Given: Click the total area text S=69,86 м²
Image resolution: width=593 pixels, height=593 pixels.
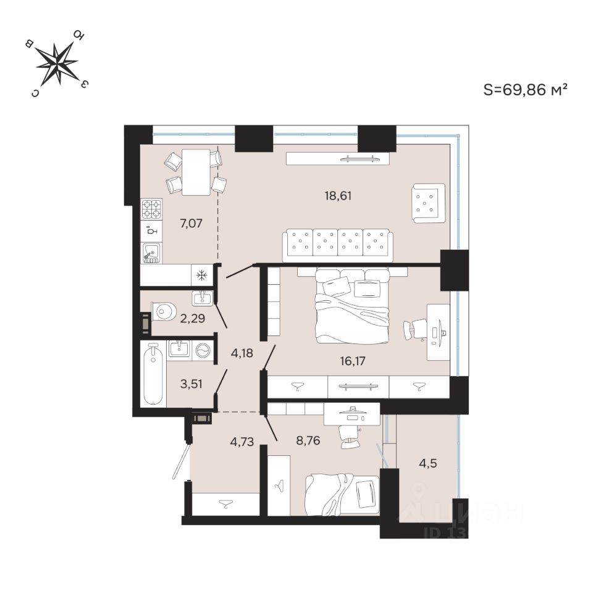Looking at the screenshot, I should pyautogui.click(x=525, y=90).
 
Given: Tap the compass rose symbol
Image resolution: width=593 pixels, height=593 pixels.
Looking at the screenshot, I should pyautogui.click(x=57, y=63).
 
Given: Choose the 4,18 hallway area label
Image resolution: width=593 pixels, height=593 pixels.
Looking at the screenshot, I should pyautogui.click(x=243, y=353).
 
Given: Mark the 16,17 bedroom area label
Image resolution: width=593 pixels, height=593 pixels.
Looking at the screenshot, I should pyautogui.click(x=353, y=360).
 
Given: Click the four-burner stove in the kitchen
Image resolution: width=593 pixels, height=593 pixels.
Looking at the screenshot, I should pyautogui.click(x=151, y=209).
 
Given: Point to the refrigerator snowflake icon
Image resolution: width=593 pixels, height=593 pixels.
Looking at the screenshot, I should pyautogui.click(x=200, y=275).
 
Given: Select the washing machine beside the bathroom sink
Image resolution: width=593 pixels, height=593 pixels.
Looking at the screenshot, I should pyautogui.click(x=203, y=350).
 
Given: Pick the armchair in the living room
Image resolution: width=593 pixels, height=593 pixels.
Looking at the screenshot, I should pyautogui.click(x=428, y=203).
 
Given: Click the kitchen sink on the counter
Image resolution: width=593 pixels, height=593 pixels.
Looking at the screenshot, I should pyautogui.click(x=151, y=253).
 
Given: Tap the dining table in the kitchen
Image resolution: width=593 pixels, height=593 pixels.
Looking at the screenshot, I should pyautogui.click(x=196, y=171).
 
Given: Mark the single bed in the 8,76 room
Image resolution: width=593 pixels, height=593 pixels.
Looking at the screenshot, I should pyautogui.click(x=343, y=494).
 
